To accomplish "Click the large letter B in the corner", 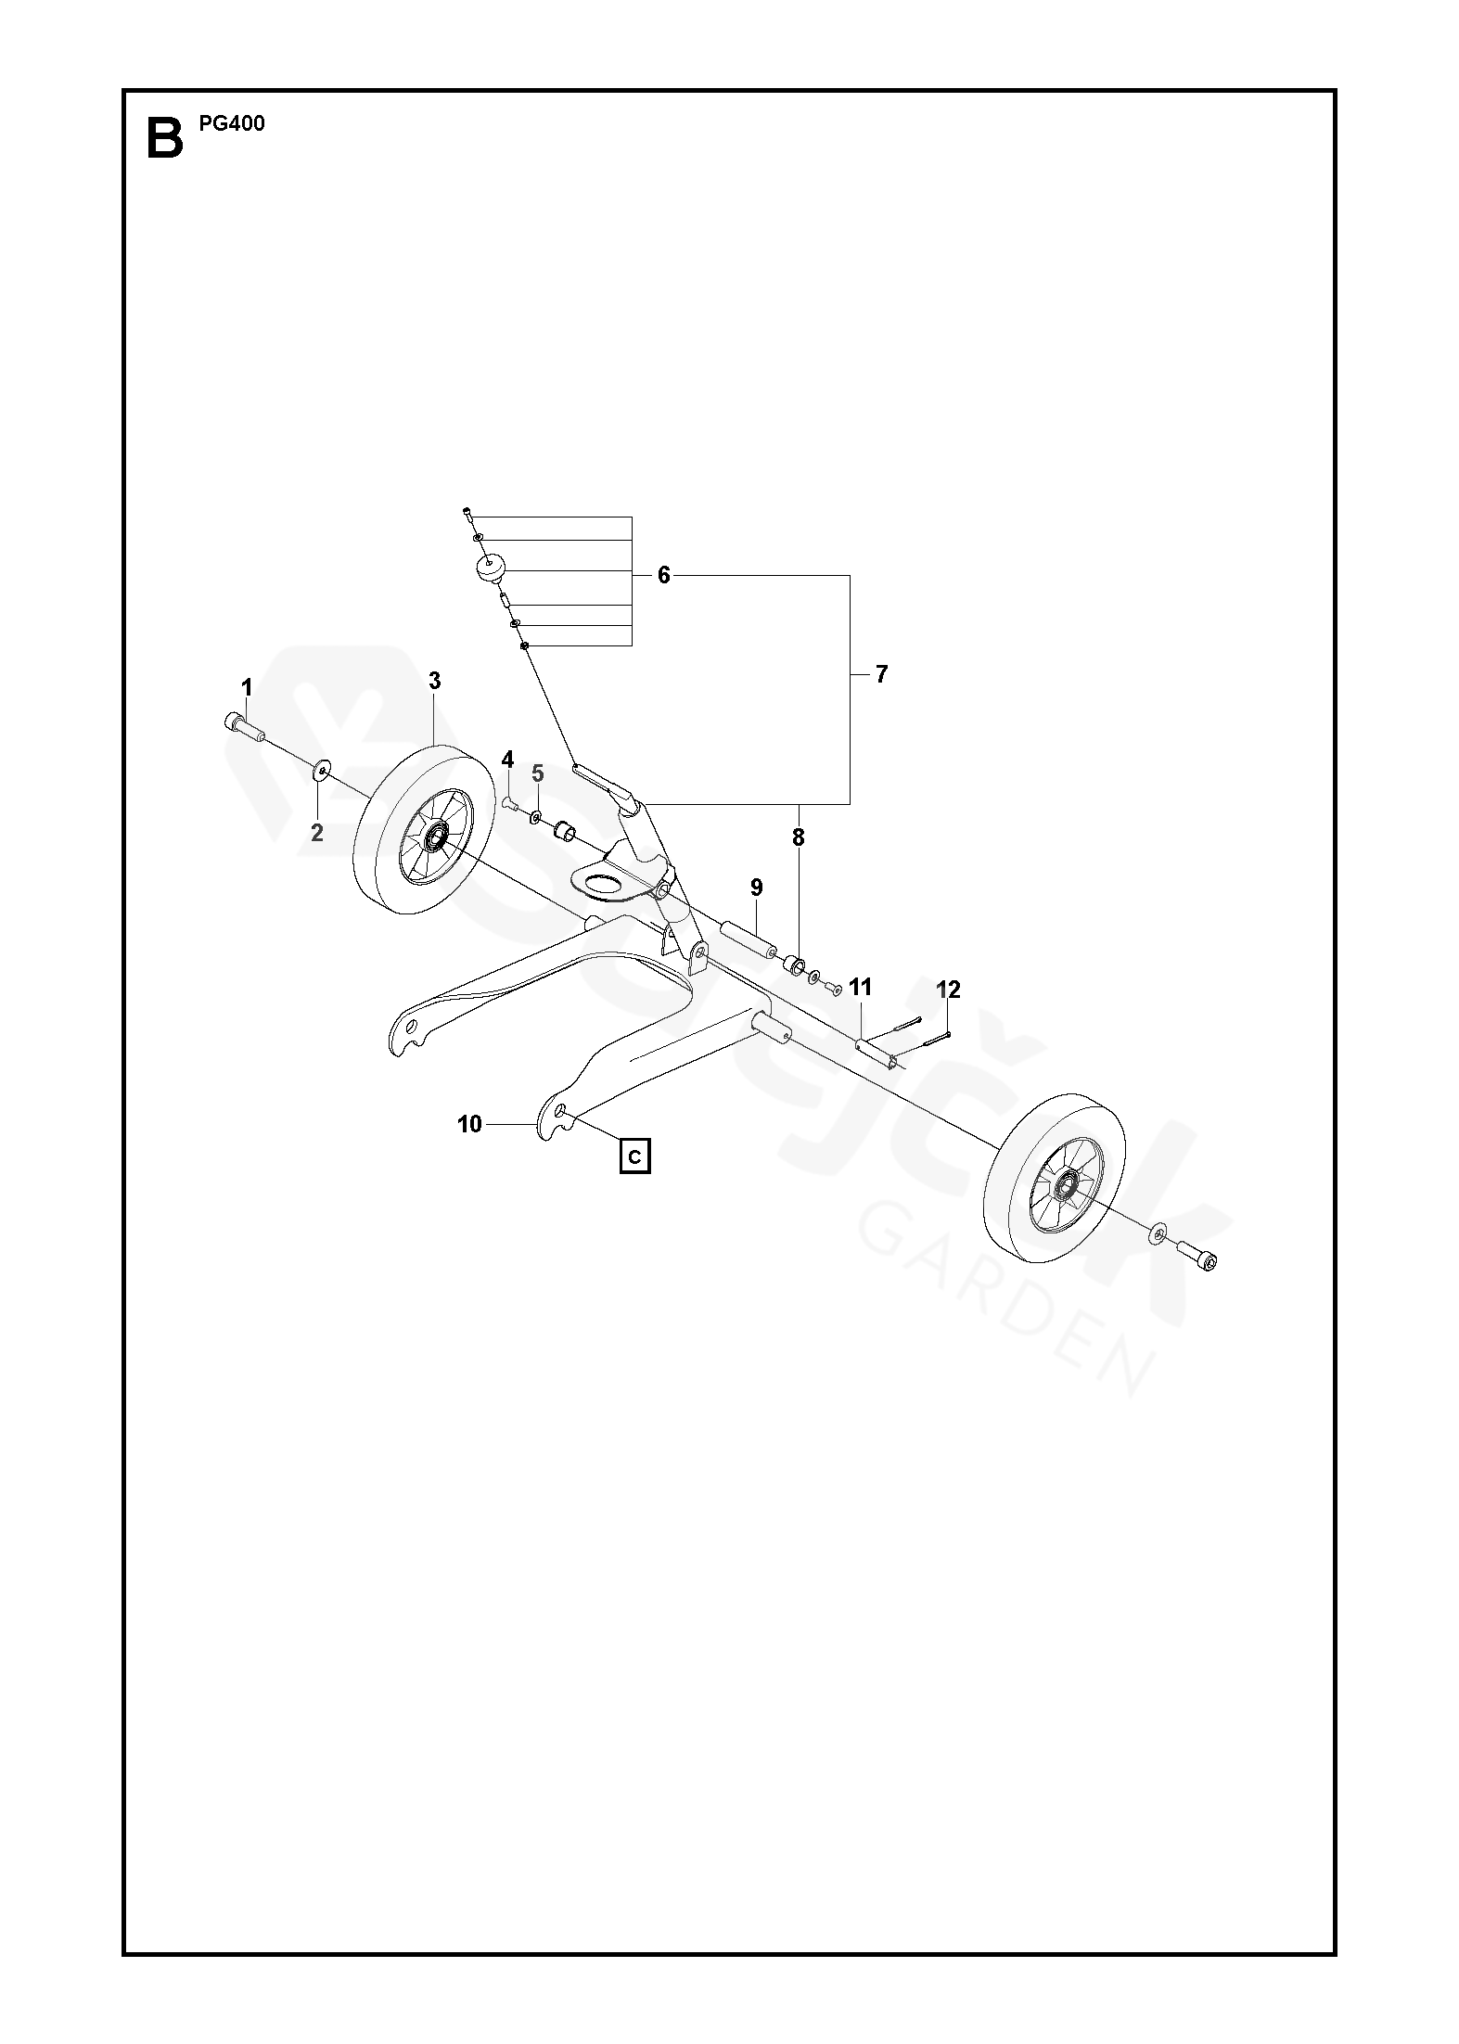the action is [x=165, y=137].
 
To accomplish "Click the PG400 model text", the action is [x=232, y=123].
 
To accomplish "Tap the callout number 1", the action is [x=247, y=687].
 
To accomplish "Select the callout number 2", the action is [x=317, y=833].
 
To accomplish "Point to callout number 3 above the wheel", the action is [x=435, y=681].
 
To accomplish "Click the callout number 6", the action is [x=663, y=575].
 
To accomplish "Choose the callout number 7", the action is [x=881, y=674].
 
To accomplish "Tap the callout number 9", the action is [x=756, y=888].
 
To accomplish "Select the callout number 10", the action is [x=470, y=1125].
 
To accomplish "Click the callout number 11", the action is [x=861, y=987].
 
